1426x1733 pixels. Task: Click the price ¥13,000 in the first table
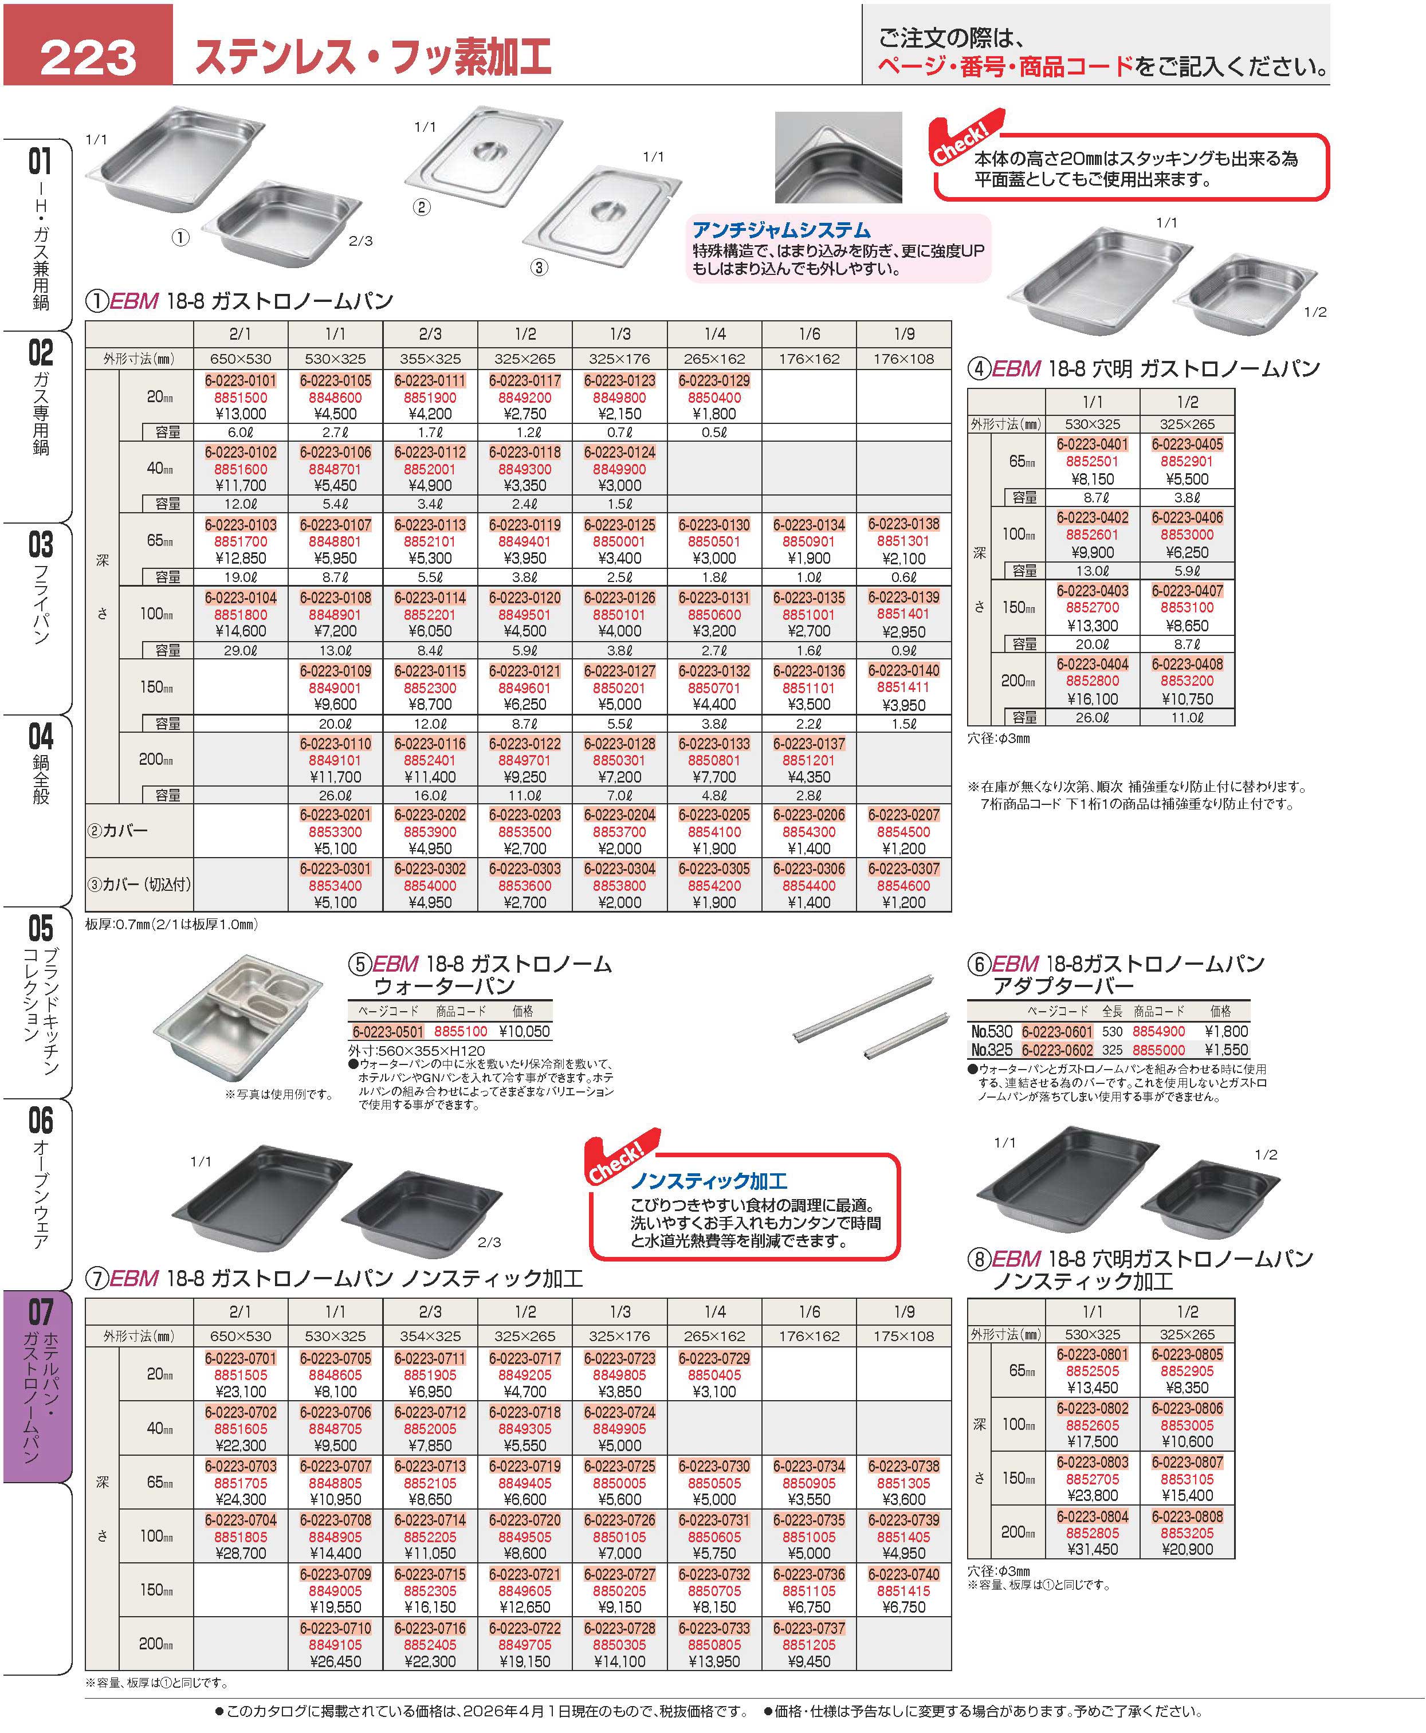pos(240,414)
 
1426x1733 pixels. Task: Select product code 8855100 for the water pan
pos(460,1032)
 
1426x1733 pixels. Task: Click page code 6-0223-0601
pos(1056,1032)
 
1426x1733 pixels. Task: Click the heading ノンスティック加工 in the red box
pos(708,1181)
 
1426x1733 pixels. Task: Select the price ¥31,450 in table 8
pos(1091,1549)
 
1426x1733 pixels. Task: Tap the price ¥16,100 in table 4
pos(1091,699)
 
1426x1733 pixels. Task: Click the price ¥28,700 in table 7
pos(240,1553)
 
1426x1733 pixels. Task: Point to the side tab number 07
pos(40,1312)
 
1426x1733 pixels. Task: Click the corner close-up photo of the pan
pos(838,158)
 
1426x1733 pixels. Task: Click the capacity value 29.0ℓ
pos(240,650)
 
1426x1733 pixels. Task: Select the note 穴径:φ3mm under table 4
pos(998,738)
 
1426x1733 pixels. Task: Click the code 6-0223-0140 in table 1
pos(903,670)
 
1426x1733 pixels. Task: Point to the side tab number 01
pos(40,161)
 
